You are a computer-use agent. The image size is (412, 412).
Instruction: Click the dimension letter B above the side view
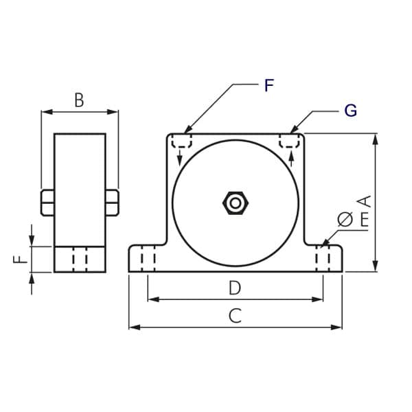click(79, 100)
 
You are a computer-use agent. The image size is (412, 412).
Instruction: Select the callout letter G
click(350, 111)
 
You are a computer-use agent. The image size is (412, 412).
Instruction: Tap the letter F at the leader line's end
click(268, 86)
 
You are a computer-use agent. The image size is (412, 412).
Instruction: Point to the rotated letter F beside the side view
click(20, 260)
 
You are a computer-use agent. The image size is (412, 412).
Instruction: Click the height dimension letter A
click(364, 201)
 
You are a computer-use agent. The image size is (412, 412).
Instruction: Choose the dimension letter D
click(235, 288)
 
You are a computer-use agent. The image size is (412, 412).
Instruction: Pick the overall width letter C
click(235, 316)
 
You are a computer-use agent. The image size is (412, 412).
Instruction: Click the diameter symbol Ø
click(345, 219)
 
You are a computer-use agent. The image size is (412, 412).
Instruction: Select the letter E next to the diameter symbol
click(364, 220)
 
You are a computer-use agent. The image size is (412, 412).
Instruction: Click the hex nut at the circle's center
click(236, 203)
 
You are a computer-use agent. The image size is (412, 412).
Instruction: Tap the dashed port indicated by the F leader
click(181, 141)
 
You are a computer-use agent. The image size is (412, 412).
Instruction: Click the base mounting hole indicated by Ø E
click(323, 259)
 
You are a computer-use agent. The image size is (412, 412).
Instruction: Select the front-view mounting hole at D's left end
click(148, 259)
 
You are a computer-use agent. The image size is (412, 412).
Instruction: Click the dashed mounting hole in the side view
click(80, 259)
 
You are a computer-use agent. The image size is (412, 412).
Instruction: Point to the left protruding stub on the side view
click(47, 203)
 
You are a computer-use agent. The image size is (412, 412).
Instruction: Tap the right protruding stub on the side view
click(112, 203)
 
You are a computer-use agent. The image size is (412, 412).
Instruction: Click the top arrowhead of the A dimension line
click(375, 138)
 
